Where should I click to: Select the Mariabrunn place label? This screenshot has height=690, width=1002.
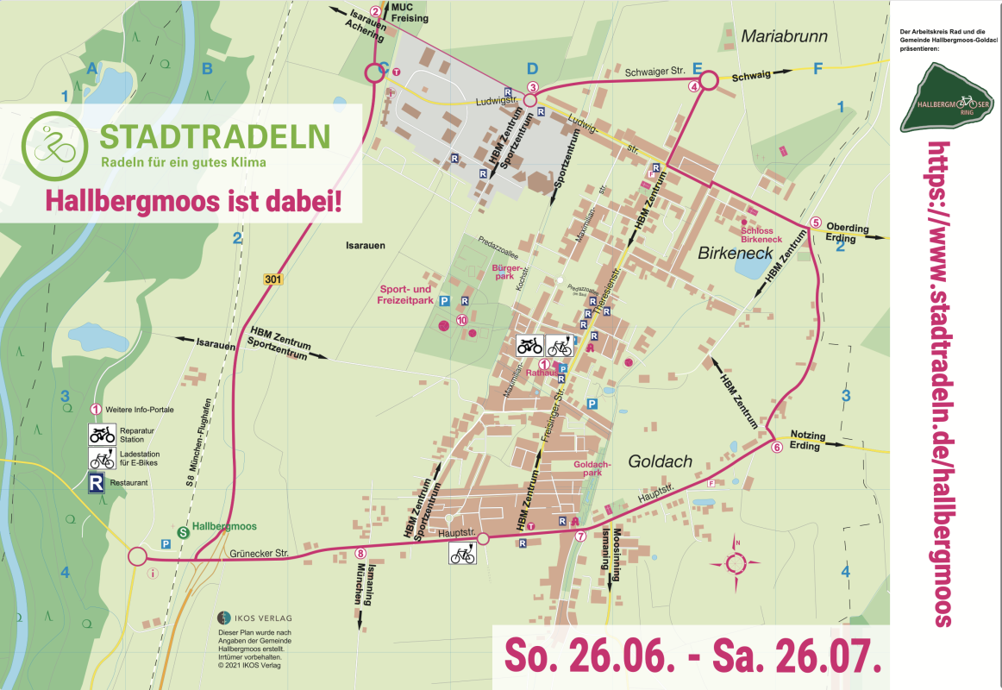(784, 36)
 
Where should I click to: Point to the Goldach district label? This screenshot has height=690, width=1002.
(660, 461)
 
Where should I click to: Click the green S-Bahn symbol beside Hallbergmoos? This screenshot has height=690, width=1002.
(183, 533)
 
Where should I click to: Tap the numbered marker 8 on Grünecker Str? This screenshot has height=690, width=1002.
(360, 554)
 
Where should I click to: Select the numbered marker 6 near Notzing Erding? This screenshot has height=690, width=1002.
(776, 447)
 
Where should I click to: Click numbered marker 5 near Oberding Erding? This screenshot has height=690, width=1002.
(816, 223)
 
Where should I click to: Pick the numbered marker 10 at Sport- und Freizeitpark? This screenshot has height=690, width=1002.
(462, 320)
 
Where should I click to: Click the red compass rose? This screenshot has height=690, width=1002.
(736, 563)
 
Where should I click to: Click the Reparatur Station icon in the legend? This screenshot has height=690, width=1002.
(102, 434)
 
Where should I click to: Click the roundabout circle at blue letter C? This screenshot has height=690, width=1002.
(374, 73)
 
